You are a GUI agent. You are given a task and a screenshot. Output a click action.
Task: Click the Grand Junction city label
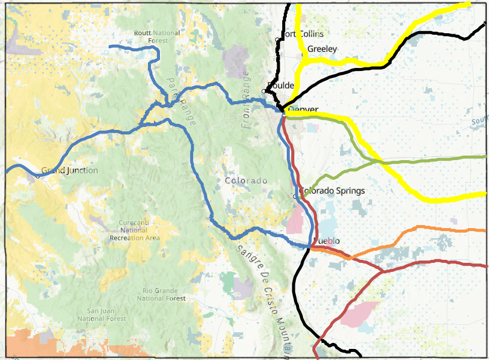pos(69,170)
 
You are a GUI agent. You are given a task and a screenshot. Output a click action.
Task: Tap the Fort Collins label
pos(303,34)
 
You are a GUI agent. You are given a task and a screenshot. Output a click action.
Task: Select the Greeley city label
pos(322,49)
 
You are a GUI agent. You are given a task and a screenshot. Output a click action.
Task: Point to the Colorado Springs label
pos(332,191)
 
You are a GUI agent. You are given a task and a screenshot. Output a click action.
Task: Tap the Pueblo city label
pos(326,241)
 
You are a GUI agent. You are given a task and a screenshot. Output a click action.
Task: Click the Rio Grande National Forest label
pos(161,295)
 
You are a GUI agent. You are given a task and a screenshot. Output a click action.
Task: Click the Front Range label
pos(246,100)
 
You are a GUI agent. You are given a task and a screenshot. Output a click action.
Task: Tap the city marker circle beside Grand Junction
pos(38,176)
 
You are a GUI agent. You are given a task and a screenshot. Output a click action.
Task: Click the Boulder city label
pos(282,85)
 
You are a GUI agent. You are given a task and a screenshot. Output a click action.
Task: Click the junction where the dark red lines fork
pos(382,271)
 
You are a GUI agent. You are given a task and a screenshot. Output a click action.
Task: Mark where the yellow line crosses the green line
pos(378,161)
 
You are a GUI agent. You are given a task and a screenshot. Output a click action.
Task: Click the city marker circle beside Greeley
pos(303,54)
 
